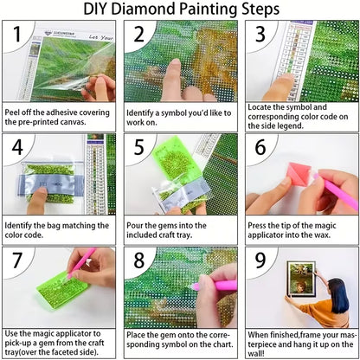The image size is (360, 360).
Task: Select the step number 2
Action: coord(138,35)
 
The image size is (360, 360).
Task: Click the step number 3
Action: coord(259,35)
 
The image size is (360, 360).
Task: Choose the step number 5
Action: coord(138,149)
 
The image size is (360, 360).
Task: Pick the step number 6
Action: coord(259,149)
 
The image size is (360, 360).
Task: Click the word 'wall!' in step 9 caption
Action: coord(256,354)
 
